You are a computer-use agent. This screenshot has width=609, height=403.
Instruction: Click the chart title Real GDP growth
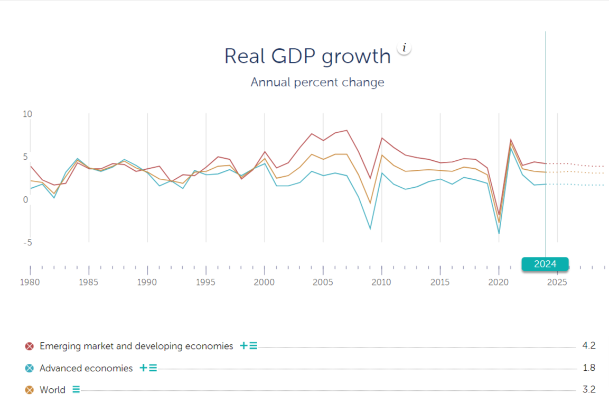pos(307,56)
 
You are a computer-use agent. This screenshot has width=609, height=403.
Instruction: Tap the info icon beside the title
pos(404,48)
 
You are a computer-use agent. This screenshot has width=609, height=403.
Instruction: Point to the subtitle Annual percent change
pos(317,83)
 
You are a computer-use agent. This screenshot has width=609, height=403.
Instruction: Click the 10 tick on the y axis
pos(27,114)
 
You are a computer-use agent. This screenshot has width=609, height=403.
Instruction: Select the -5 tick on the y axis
pos(27,243)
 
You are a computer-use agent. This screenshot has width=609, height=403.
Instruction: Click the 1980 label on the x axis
pos(30,282)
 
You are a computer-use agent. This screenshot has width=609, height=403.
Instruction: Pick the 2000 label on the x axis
pos(264,282)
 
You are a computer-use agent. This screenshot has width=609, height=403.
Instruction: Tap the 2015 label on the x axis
pos(440,282)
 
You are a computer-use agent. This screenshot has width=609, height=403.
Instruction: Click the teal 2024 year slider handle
pos(545,264)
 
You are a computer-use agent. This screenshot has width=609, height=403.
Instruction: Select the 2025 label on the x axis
pos(557,282)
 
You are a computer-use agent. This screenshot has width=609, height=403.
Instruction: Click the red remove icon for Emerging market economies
pos(30,346)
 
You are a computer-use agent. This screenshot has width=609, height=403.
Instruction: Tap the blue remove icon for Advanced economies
pos(30,369)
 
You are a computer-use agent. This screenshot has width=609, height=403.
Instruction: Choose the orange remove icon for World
pos(30,390)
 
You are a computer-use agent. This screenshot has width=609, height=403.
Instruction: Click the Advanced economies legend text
pos(86,369)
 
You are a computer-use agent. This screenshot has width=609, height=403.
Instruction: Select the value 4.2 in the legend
pos(588,346)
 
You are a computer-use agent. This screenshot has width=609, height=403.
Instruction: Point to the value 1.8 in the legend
pos(588,368)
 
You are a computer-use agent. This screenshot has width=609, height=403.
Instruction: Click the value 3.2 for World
pos(588,390)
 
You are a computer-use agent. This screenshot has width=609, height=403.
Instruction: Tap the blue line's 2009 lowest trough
pos(370,229)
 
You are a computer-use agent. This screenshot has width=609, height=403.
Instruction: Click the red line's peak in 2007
pos(346,130)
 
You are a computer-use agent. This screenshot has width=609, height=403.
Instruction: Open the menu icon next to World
pos(76,390)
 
